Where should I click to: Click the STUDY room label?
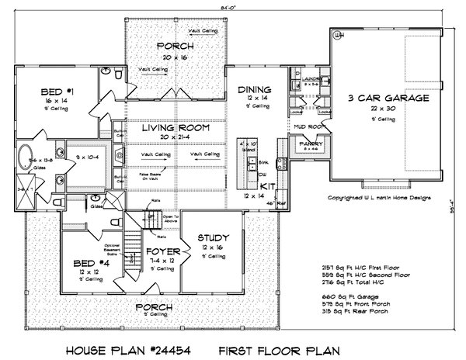coord(212,237)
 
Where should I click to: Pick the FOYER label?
coord(165,253)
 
